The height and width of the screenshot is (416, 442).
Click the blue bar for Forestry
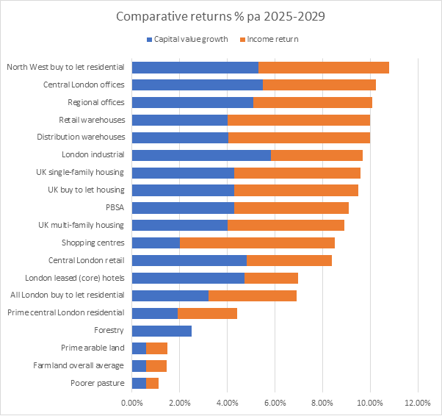click(162, 331)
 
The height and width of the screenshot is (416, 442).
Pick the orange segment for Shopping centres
click(257, 243)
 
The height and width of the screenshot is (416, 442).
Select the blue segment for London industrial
click(201, 154)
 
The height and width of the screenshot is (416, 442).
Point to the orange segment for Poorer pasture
click(153, 383)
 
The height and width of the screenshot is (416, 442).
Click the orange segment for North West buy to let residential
click(324, 67)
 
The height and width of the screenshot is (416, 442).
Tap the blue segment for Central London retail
click(189, 260)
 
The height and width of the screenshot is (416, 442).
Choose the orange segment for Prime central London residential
click(207, 313)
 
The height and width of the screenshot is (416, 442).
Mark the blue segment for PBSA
click(183, 207)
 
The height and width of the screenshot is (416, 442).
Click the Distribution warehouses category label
click(81, 137)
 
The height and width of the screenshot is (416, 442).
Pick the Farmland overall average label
click(79, 365)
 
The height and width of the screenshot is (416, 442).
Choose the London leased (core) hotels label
click(75, 278)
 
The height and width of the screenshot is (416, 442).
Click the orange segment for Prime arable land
click(157, 348)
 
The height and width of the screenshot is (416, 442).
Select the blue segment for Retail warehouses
click(180, 120)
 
